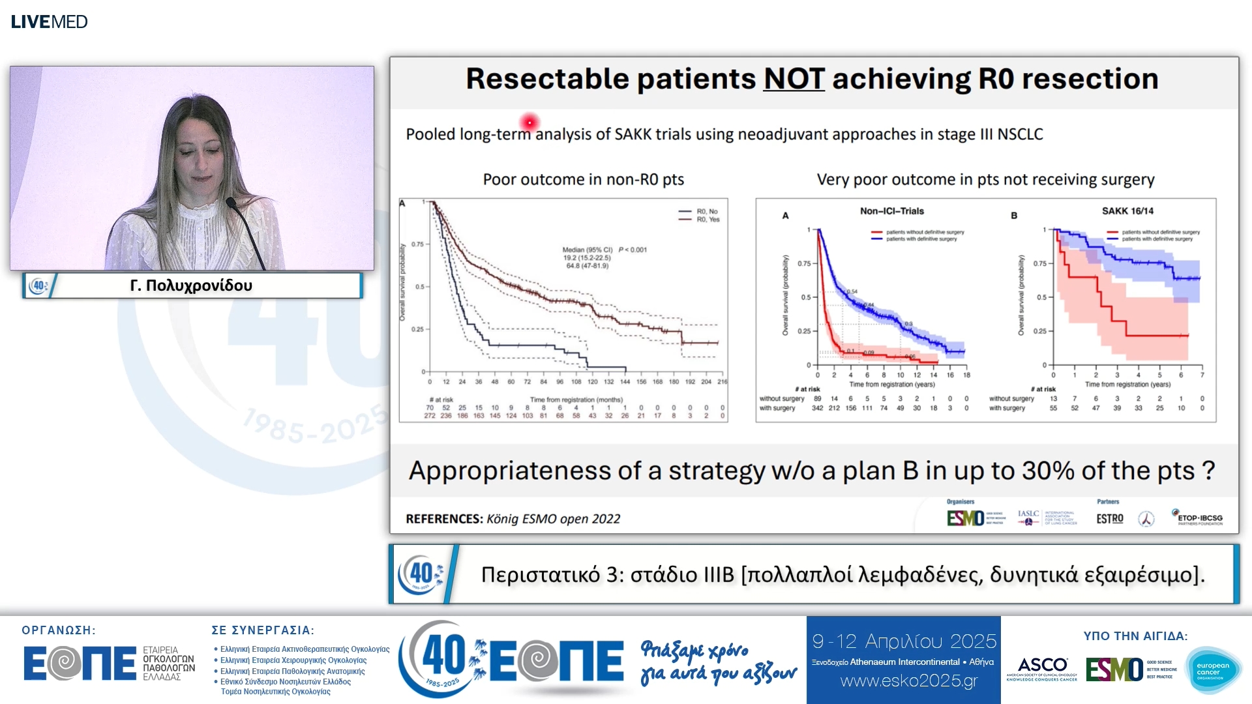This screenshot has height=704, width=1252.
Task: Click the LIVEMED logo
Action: [49, 22]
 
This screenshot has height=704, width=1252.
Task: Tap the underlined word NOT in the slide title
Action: [794, 79]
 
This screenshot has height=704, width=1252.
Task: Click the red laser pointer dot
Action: [529, 122]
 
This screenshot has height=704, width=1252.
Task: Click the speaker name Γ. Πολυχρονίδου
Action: [191, 286]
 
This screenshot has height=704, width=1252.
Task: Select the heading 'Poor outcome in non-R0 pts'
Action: [583, 179]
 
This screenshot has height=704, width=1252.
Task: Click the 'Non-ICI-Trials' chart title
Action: [891, 211]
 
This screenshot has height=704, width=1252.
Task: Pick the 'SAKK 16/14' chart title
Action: [1127, 211]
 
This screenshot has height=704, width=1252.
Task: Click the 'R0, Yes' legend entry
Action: [707, 220]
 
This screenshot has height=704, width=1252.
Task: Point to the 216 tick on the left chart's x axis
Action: [722, 382]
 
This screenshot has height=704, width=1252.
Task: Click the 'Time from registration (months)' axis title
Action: [576, 400]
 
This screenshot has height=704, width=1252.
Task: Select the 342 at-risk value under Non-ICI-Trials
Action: [817, 408]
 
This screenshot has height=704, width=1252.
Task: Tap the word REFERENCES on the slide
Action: [443, 519]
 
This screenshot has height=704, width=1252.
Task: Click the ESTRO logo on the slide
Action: [1109, 519]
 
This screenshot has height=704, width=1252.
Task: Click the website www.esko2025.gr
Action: [908, 681]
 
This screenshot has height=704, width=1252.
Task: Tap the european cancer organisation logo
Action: [1213, 669]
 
